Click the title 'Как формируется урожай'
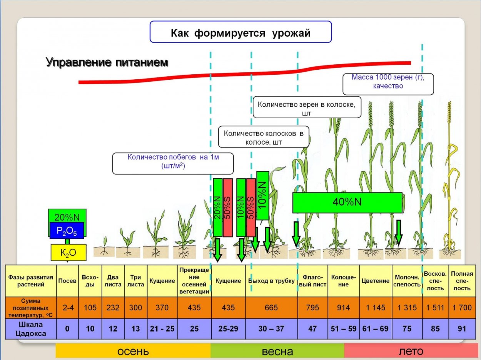click(240, 32)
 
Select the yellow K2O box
click(68, 253)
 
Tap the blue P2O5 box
click(67, 231)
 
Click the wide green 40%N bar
click(347, 203)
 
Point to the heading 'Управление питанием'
click(107, 62)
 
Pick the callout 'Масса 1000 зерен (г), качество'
click(388, 82)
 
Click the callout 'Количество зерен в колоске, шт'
click(307, 108)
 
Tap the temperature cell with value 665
click(271, 308)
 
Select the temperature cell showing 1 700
click(462, 308)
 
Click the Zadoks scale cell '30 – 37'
click(271, 328)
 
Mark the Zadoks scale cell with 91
click(462, 328)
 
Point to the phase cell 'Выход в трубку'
click(271, 281)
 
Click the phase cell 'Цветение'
click(375, 281)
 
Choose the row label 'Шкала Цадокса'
click(31, 328)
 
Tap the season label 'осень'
click(133, 351)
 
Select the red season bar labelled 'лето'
click(411, 351)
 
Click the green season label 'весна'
click(277, 351)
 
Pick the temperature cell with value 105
click(90, 308)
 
